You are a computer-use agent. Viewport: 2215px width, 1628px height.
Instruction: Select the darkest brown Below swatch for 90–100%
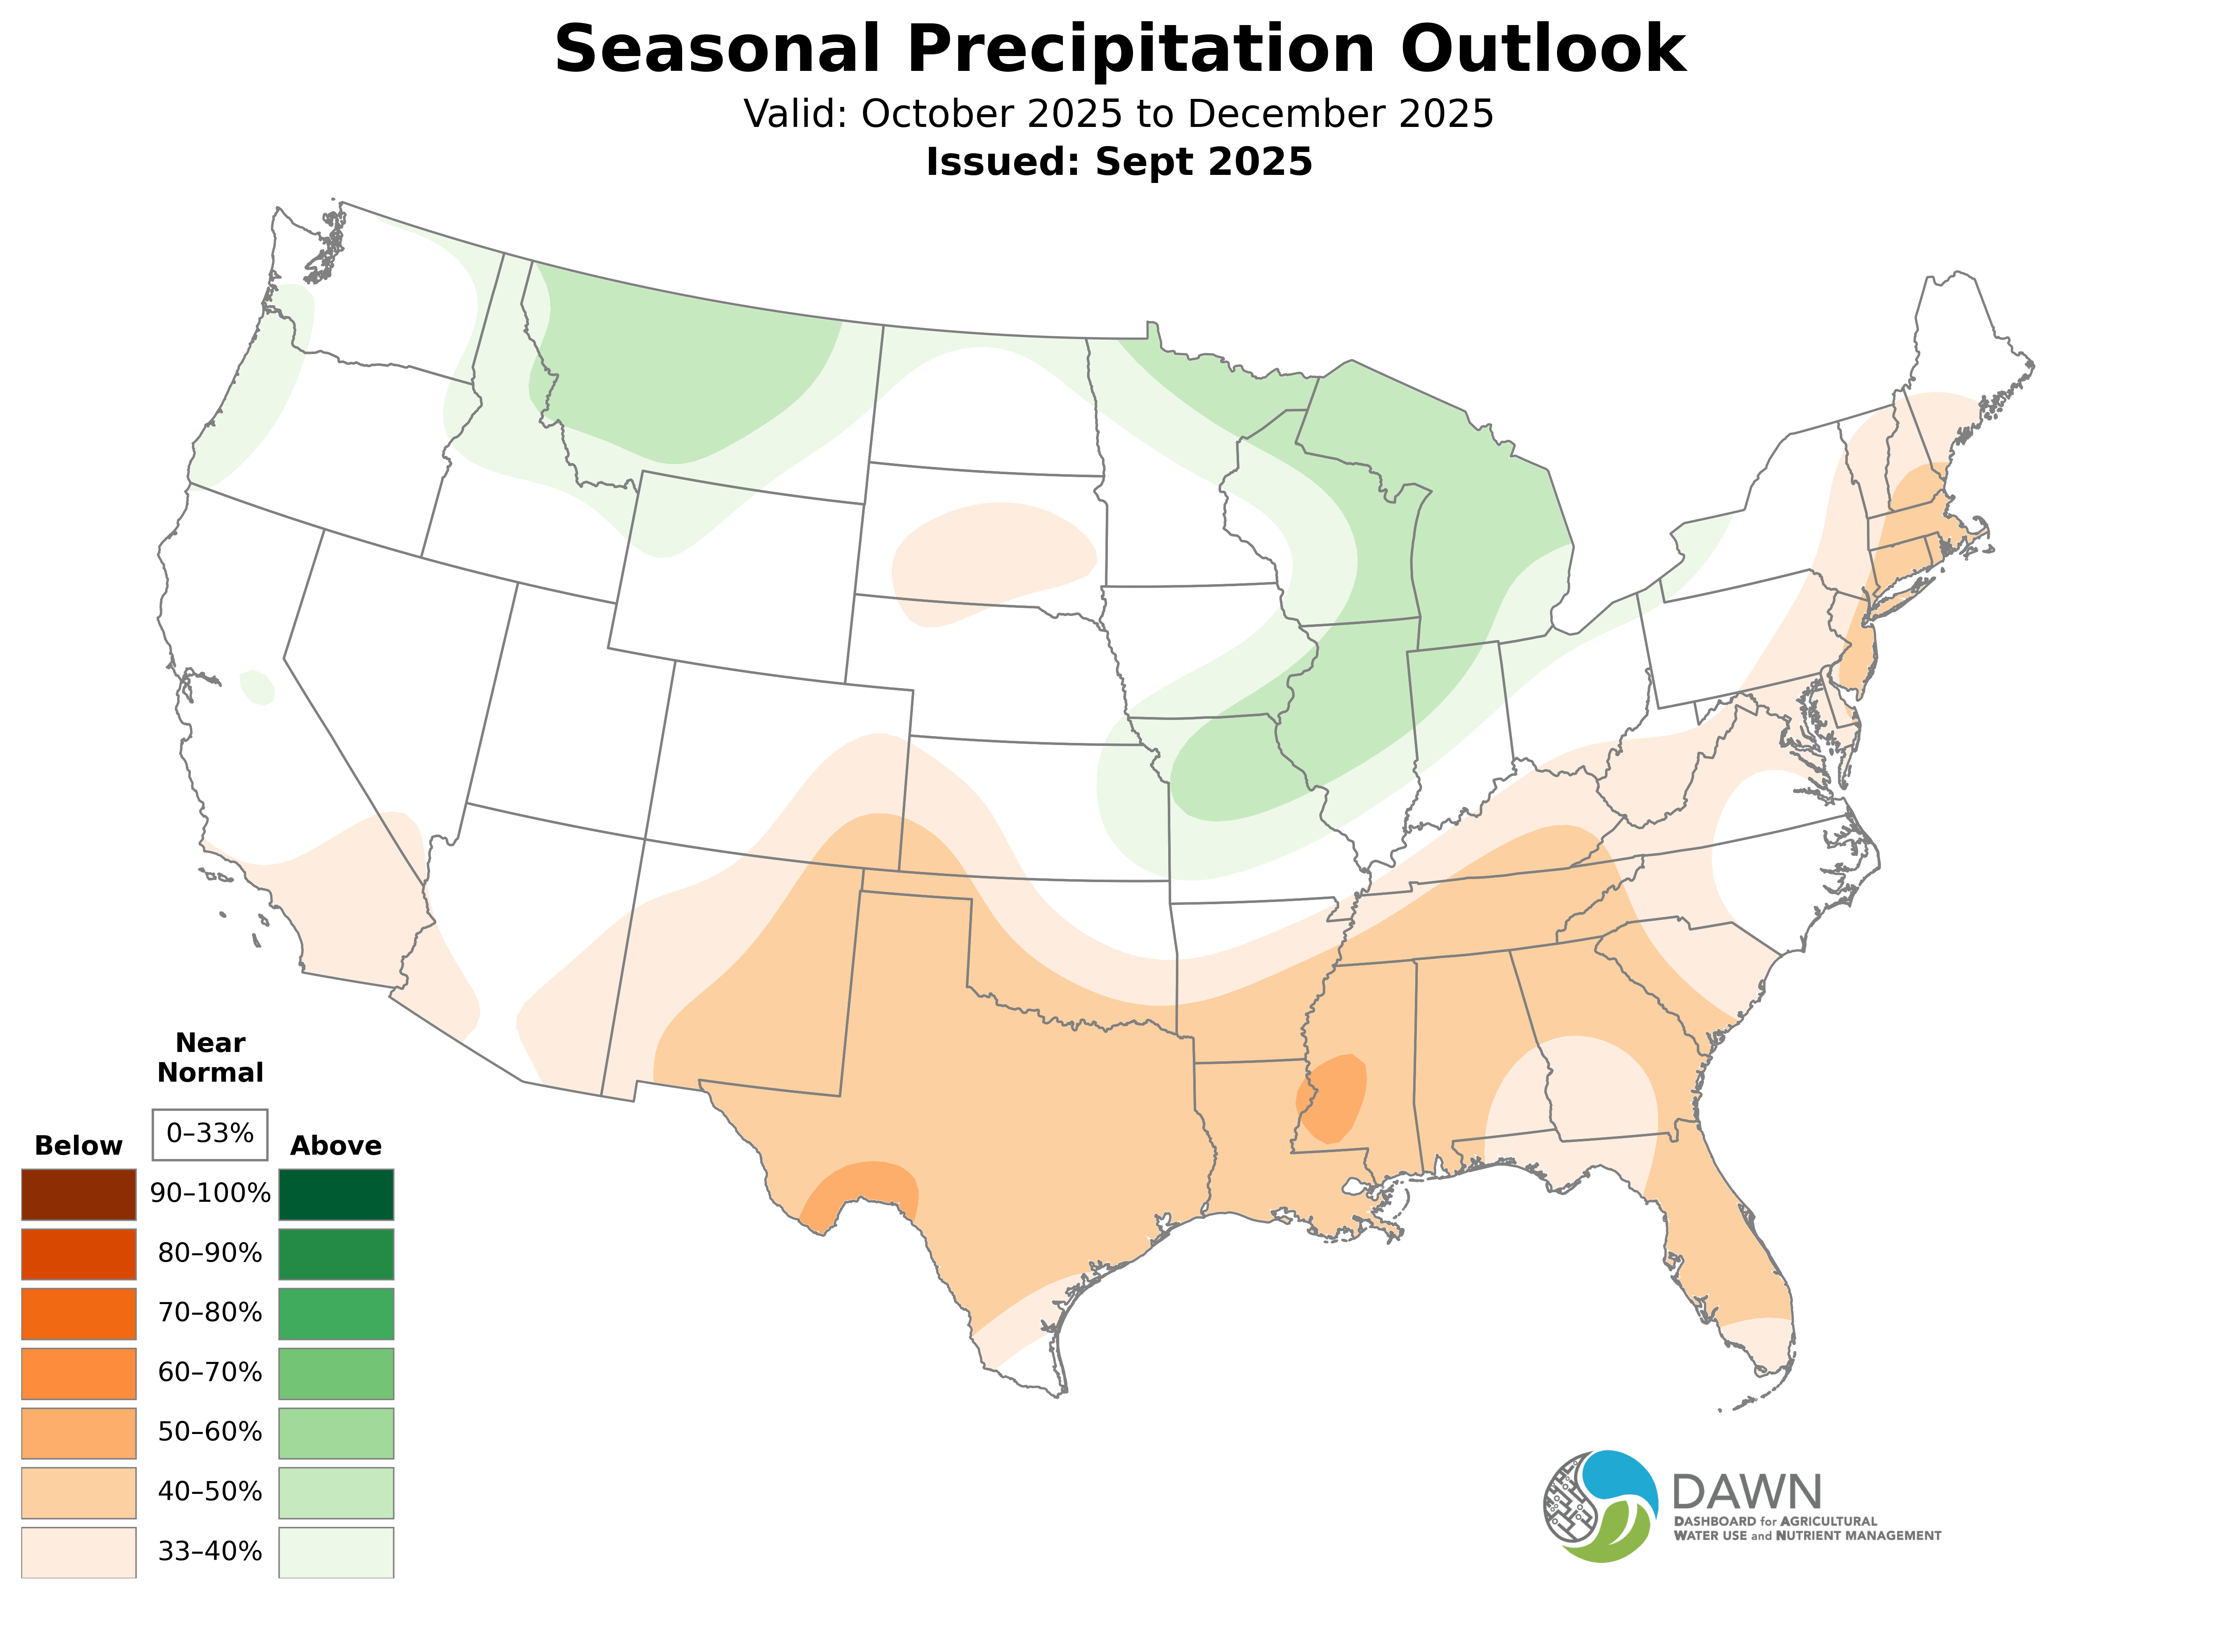79,1195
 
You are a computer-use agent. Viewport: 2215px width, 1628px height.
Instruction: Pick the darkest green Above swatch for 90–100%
336,1195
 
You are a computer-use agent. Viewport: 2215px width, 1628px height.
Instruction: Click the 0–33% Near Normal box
210,1134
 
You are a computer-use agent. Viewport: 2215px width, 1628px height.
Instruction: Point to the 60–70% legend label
210,1373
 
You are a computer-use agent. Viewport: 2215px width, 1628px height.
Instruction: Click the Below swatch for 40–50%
79,1492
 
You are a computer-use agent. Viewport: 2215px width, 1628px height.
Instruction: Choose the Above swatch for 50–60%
336,1433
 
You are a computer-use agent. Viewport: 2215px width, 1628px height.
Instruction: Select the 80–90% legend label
210,1254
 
